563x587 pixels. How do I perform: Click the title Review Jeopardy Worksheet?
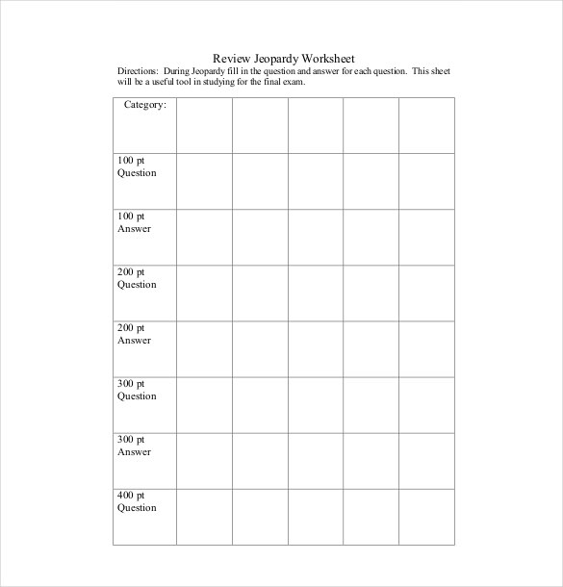283,58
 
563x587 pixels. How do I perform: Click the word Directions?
138,71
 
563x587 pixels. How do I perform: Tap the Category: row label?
145,105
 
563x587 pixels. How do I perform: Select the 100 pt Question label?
137,166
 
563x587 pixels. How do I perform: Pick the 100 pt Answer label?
135,222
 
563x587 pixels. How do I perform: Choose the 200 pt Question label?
137,278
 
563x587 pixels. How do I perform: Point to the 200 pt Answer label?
135,334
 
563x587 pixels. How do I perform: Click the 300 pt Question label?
137,390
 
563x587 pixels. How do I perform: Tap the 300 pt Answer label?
135,446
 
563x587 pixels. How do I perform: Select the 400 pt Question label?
137,501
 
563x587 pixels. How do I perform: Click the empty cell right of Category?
204,124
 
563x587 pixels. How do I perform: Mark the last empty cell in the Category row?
426,124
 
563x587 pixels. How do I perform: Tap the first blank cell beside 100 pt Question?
204,180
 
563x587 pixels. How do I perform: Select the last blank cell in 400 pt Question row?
426,516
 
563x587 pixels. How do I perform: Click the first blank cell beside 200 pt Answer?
204,348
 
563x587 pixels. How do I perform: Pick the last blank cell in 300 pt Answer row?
426,460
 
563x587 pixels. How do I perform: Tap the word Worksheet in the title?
325,58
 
